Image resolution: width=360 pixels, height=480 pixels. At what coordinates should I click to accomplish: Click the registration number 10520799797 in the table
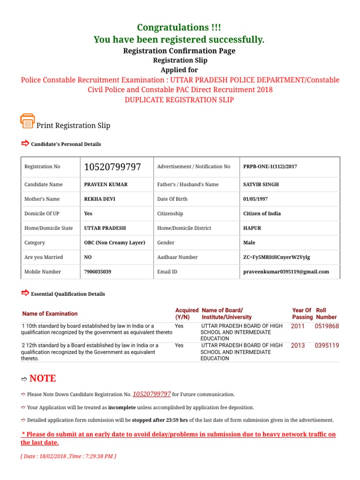point(112,167)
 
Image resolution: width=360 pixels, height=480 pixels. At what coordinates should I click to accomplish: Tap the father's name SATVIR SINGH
point(261,185)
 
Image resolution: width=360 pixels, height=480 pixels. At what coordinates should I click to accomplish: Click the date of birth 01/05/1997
point(256,199)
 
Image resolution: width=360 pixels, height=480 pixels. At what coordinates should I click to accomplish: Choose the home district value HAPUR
point(252,228)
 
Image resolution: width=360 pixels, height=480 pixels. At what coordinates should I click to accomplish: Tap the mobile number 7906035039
point(97,272)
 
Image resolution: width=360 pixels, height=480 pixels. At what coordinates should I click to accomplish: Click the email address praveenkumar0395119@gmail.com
point(286,272)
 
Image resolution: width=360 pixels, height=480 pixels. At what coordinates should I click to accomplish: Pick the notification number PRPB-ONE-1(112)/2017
point(270,167)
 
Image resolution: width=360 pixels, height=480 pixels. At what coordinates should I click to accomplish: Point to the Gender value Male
point(249,243)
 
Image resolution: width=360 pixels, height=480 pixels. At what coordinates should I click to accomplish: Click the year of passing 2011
point(298,326)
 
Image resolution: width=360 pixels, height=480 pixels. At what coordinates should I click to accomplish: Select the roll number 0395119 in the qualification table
point(327,345)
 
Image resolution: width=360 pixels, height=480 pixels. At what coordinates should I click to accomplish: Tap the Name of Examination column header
point(50,314)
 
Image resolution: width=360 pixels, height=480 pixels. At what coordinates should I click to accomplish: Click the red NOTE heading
point(42,378)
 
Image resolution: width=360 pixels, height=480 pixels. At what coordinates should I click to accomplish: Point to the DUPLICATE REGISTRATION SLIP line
point(179,100)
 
